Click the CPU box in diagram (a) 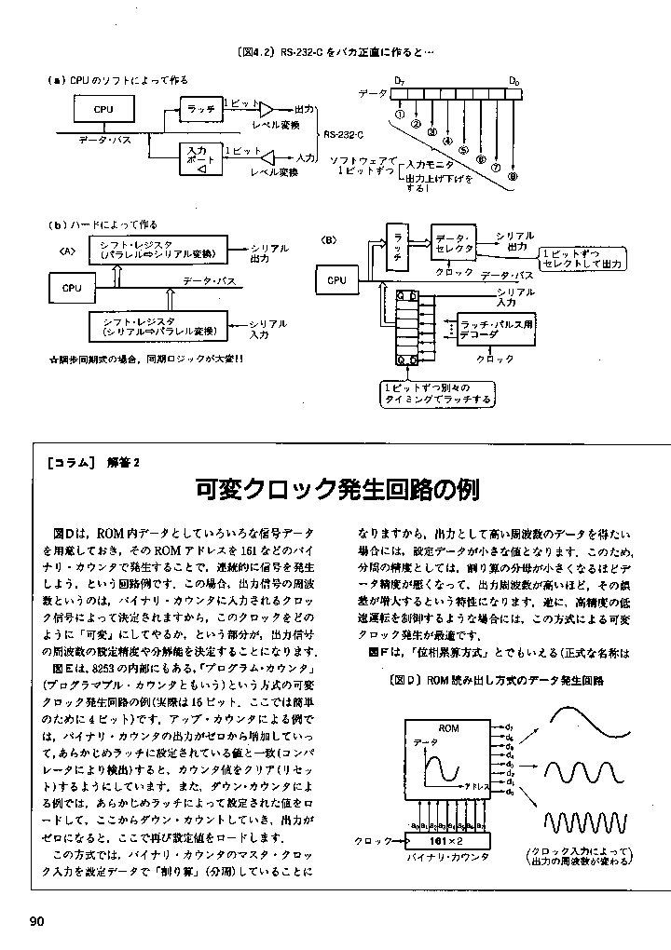pyautogui.click(x=103, y=110)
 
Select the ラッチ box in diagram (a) pyautogui.click(x=200, y=109)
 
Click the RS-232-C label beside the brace pyautogui.click(x=344, y=134)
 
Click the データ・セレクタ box pyautogui.click(x=454, y=243)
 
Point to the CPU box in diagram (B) pyautogui.click(x=336, y=279)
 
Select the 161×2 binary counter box pyautogui.click(x=447, y=841)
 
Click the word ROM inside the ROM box pyautogui.click(x=448, y=727)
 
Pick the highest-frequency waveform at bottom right pyautogui.click(x=589, y=823)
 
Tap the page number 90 pyautogui.click(x=37, y=922)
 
